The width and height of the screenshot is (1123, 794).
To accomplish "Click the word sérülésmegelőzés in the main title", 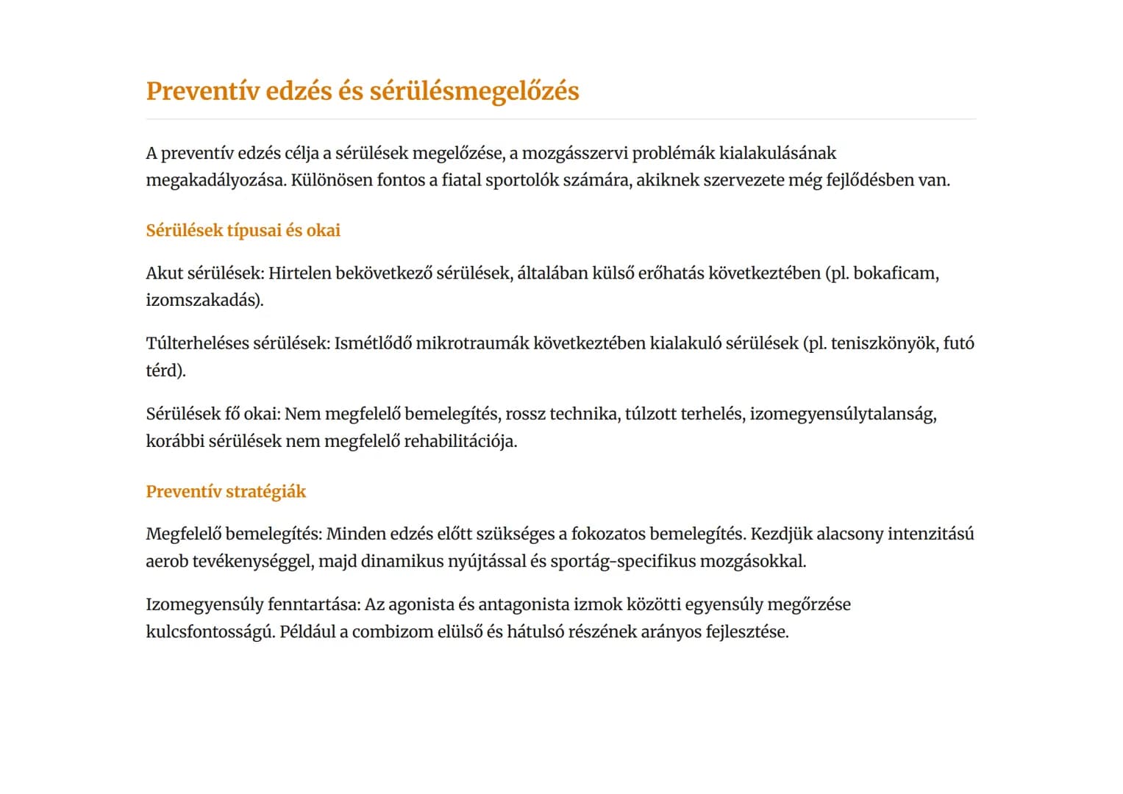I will (474, 91).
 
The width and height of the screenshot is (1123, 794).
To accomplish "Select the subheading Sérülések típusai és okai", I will (243, 230).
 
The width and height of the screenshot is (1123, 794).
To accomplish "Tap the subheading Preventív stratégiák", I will (226, 491).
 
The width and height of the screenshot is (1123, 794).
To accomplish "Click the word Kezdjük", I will (780, 534).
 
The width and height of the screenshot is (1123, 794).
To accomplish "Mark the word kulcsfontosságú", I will (210, 632).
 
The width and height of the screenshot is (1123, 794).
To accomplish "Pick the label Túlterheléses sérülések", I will (238, 343).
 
